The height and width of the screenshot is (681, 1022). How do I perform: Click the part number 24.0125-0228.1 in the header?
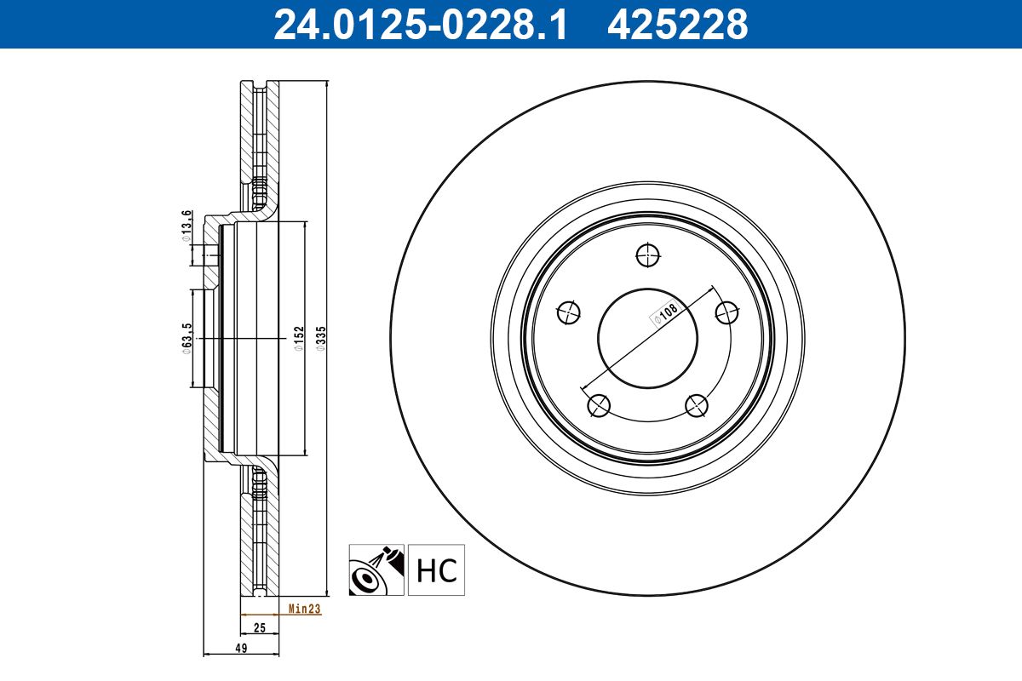coord(420,25)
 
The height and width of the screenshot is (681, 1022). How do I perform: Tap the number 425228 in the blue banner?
coord(678,25)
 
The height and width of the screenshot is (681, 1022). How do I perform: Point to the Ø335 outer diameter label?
coord(321,339)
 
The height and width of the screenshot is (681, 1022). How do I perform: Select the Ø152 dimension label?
coord(299,339)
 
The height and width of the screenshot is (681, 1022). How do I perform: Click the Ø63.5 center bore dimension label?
coord(187,339)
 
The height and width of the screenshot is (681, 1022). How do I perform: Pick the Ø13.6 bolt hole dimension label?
coord(187,226)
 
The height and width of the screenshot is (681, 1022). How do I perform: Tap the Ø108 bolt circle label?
coord(667,313)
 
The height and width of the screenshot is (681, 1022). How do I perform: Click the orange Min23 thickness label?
coord(304,609)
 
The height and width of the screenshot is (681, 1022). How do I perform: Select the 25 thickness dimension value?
coord(260,627)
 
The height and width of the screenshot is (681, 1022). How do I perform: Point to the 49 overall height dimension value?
coord(241,648)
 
